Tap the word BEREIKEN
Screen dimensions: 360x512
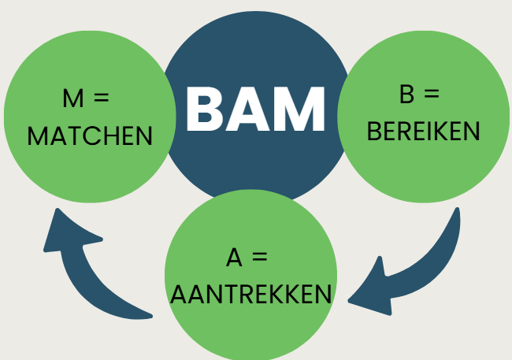(x=424, y=131)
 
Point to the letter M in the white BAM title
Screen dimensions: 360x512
(x=299, y=109)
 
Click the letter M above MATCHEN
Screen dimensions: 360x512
(x=72, y=99)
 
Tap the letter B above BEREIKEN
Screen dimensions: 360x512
(x=407, y=95)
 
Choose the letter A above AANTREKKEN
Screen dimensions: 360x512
(x=234, y=258)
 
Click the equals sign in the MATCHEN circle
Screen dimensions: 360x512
(x=101, y=100)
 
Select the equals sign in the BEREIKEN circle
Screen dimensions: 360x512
(x=431, y=95)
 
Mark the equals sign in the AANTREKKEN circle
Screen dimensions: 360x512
(x=260, y=258)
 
